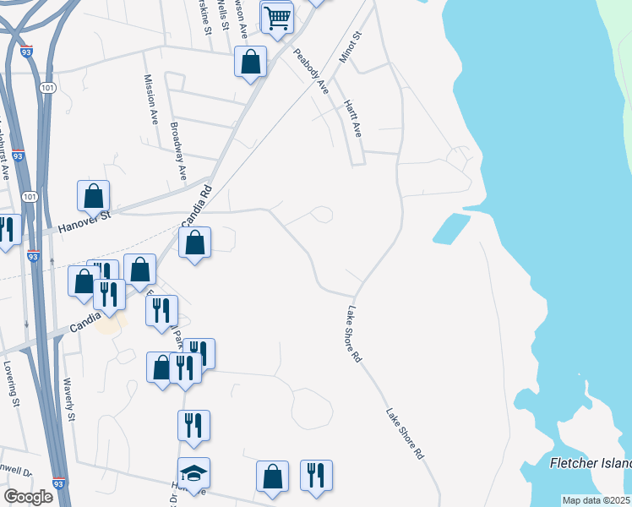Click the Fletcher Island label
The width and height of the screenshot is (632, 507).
(590, 464)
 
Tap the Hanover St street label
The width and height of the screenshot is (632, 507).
(84, 222)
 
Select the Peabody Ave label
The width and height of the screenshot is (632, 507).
(310, 72)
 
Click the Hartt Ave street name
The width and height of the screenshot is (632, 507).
(352, 118)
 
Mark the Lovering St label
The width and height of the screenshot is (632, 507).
(12, 385)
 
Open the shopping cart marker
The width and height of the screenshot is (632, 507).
(277, 17)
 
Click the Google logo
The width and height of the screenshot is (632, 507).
(28, 497)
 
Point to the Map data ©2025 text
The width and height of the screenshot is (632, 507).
(596, 500)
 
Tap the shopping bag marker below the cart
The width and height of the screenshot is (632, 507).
(251, 62)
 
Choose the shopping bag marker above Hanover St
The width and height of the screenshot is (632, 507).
(94, 195)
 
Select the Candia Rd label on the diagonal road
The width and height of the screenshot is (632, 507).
(193, 208)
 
